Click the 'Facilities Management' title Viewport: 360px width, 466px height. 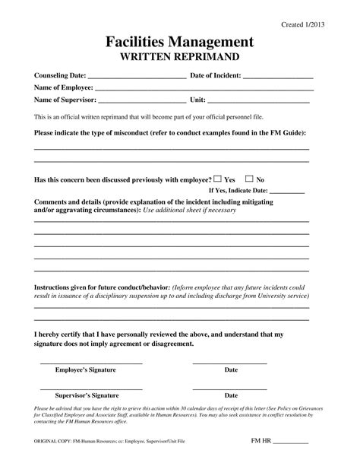tap(181, 42)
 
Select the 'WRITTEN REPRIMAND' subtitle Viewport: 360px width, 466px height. tap(181, 58)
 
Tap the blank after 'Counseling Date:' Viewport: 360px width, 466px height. tap(137, 77)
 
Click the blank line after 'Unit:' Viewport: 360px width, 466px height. tap(258, 100)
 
